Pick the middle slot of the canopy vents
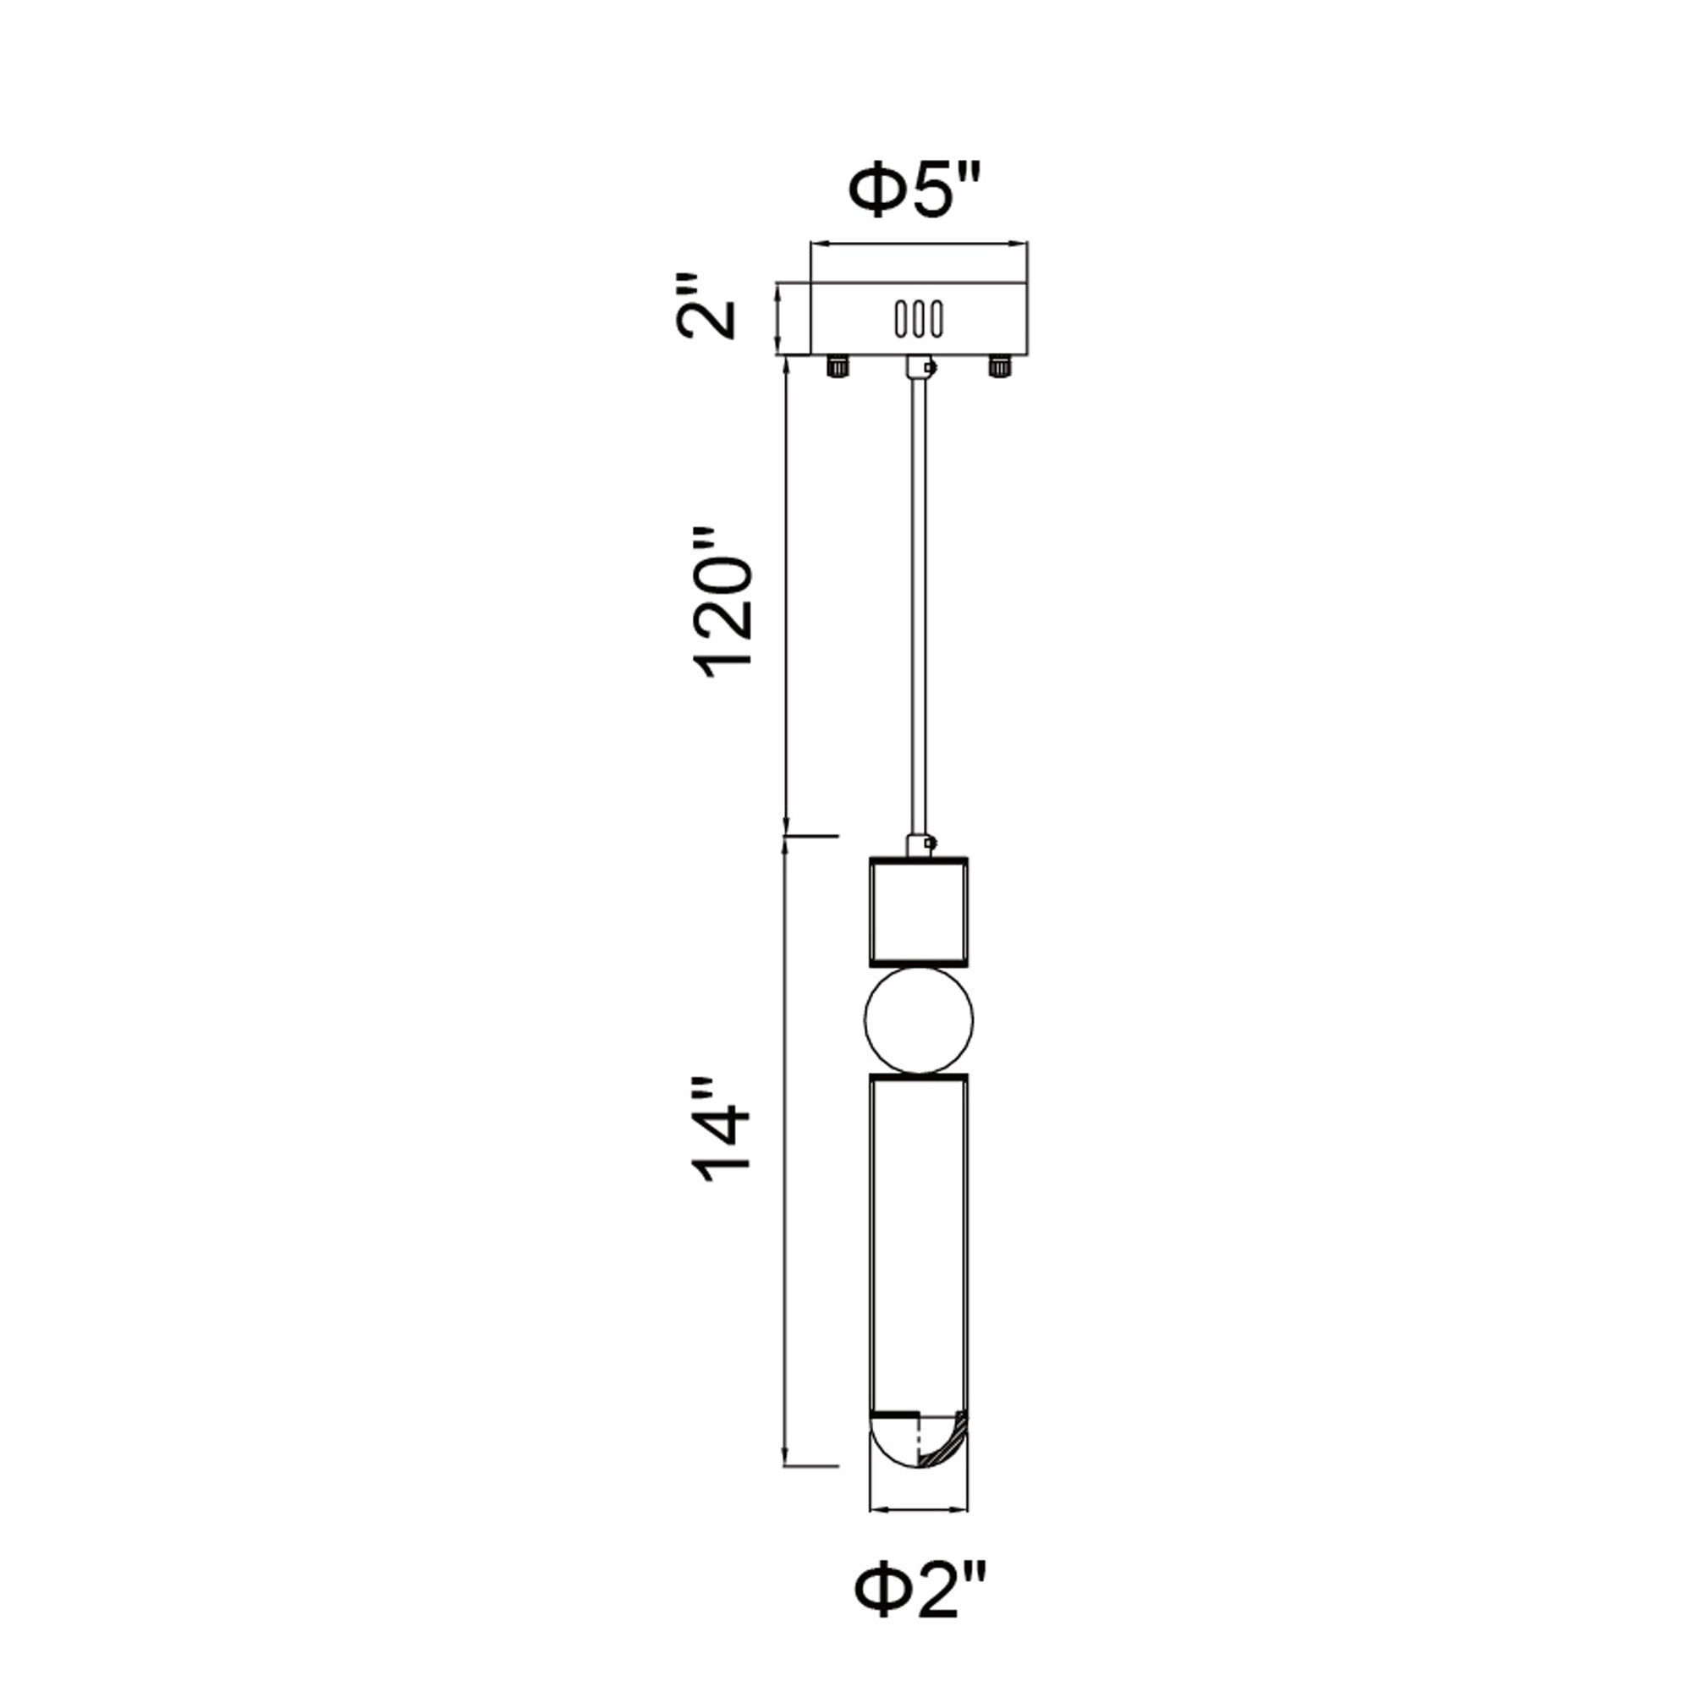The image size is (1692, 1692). (x=919, y=319)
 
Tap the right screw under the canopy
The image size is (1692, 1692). (x=997, y=365)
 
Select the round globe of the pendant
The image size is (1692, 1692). (x=918, y=1020)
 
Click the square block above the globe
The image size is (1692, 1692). (x=918, y=912)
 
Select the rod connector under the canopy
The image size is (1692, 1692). (x=919, y=367)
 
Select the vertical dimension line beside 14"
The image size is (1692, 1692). (x=786, y=1156)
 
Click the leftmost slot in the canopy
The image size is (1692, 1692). (x=901, y=319)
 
